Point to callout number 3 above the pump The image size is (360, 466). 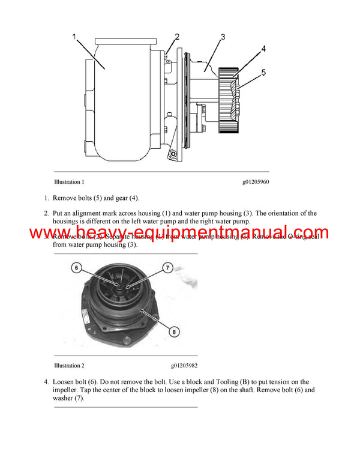[x=223, y=37]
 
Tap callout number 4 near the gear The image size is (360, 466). [x=263, y=49]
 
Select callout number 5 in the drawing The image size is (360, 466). [x=264, y=73]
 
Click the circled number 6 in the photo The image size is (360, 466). [x=76, y=268]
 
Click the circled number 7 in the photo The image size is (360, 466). [x=169, y=267]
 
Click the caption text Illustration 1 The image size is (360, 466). [x=69, y=182]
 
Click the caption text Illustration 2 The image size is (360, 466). [x=69, y=365]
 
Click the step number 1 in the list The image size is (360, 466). [x=46, y=198]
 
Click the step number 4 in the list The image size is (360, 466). [x=46, y=382]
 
